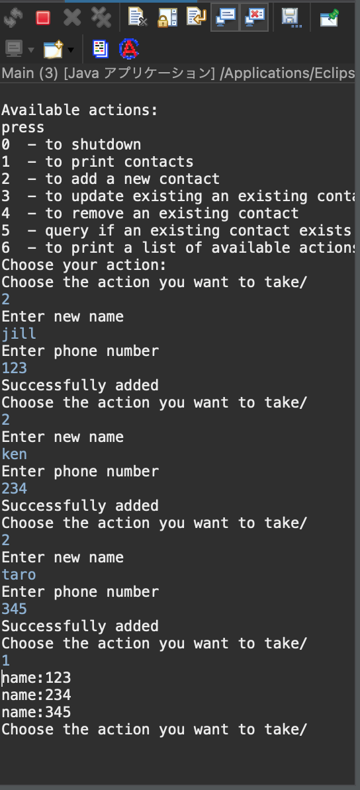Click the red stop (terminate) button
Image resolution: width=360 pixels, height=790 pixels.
point(43,18)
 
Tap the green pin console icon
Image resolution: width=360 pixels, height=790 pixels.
point(330,18)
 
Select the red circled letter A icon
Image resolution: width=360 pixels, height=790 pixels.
point(129,49)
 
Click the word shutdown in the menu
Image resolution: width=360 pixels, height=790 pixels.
point(106,145)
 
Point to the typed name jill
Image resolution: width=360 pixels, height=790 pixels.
point(19,333)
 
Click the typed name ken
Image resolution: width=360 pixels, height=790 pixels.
point(14,454)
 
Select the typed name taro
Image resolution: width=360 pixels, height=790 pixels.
point(19,574)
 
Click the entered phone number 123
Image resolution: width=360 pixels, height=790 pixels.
point(14,368)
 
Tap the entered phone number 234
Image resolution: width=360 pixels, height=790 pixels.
point(14,488)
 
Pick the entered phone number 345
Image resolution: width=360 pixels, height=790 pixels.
point(14,609)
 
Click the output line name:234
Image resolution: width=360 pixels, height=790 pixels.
point(36,695)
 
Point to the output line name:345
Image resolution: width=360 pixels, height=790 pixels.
point(36,713)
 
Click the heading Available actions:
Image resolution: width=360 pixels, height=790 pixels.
point(79,110)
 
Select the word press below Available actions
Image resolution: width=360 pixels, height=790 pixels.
point(23,128)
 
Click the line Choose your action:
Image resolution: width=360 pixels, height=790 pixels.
point(84,265)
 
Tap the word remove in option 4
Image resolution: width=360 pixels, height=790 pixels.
point(97,213)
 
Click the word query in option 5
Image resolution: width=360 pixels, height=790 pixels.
point(67,231)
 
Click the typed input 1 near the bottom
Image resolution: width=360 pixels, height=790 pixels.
point(5,660)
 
